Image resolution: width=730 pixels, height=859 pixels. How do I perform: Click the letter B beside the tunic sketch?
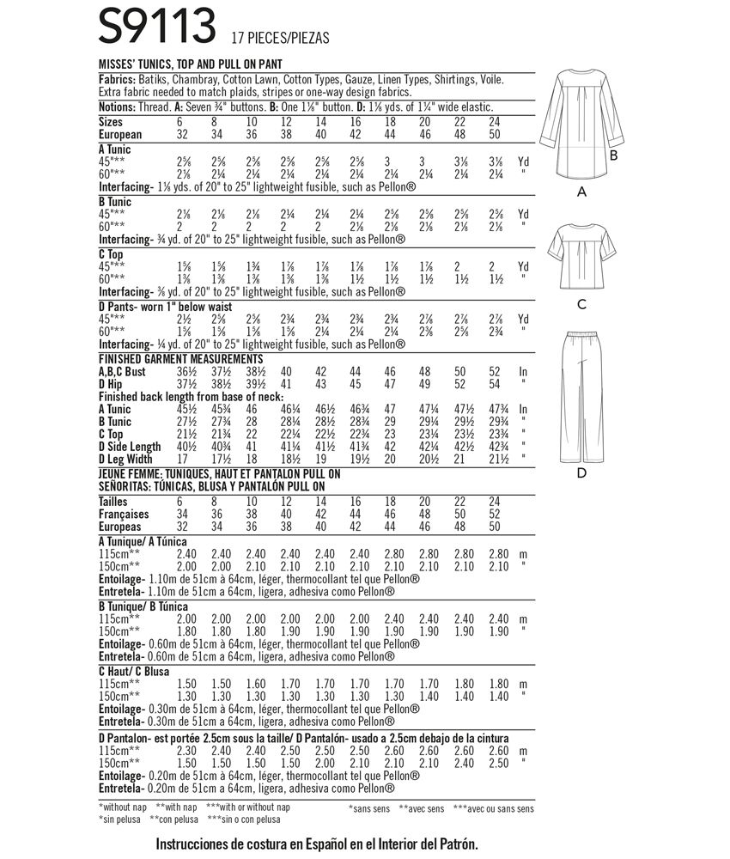tap(614, 156)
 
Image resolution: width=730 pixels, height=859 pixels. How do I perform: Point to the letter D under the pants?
tap(581, 472)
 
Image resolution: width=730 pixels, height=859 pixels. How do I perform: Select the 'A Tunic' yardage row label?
tap(115, 149)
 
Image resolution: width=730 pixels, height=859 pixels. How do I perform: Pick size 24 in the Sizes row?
tap(494, 124)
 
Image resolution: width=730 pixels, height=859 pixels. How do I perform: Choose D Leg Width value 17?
tap(182, 459)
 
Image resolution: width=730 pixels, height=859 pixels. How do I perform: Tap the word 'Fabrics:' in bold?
tap(117, 79)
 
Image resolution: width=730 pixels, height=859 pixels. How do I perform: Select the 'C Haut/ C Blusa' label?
tap(134, 670)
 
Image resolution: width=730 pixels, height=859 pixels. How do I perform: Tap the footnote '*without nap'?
tap(125, 808)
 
